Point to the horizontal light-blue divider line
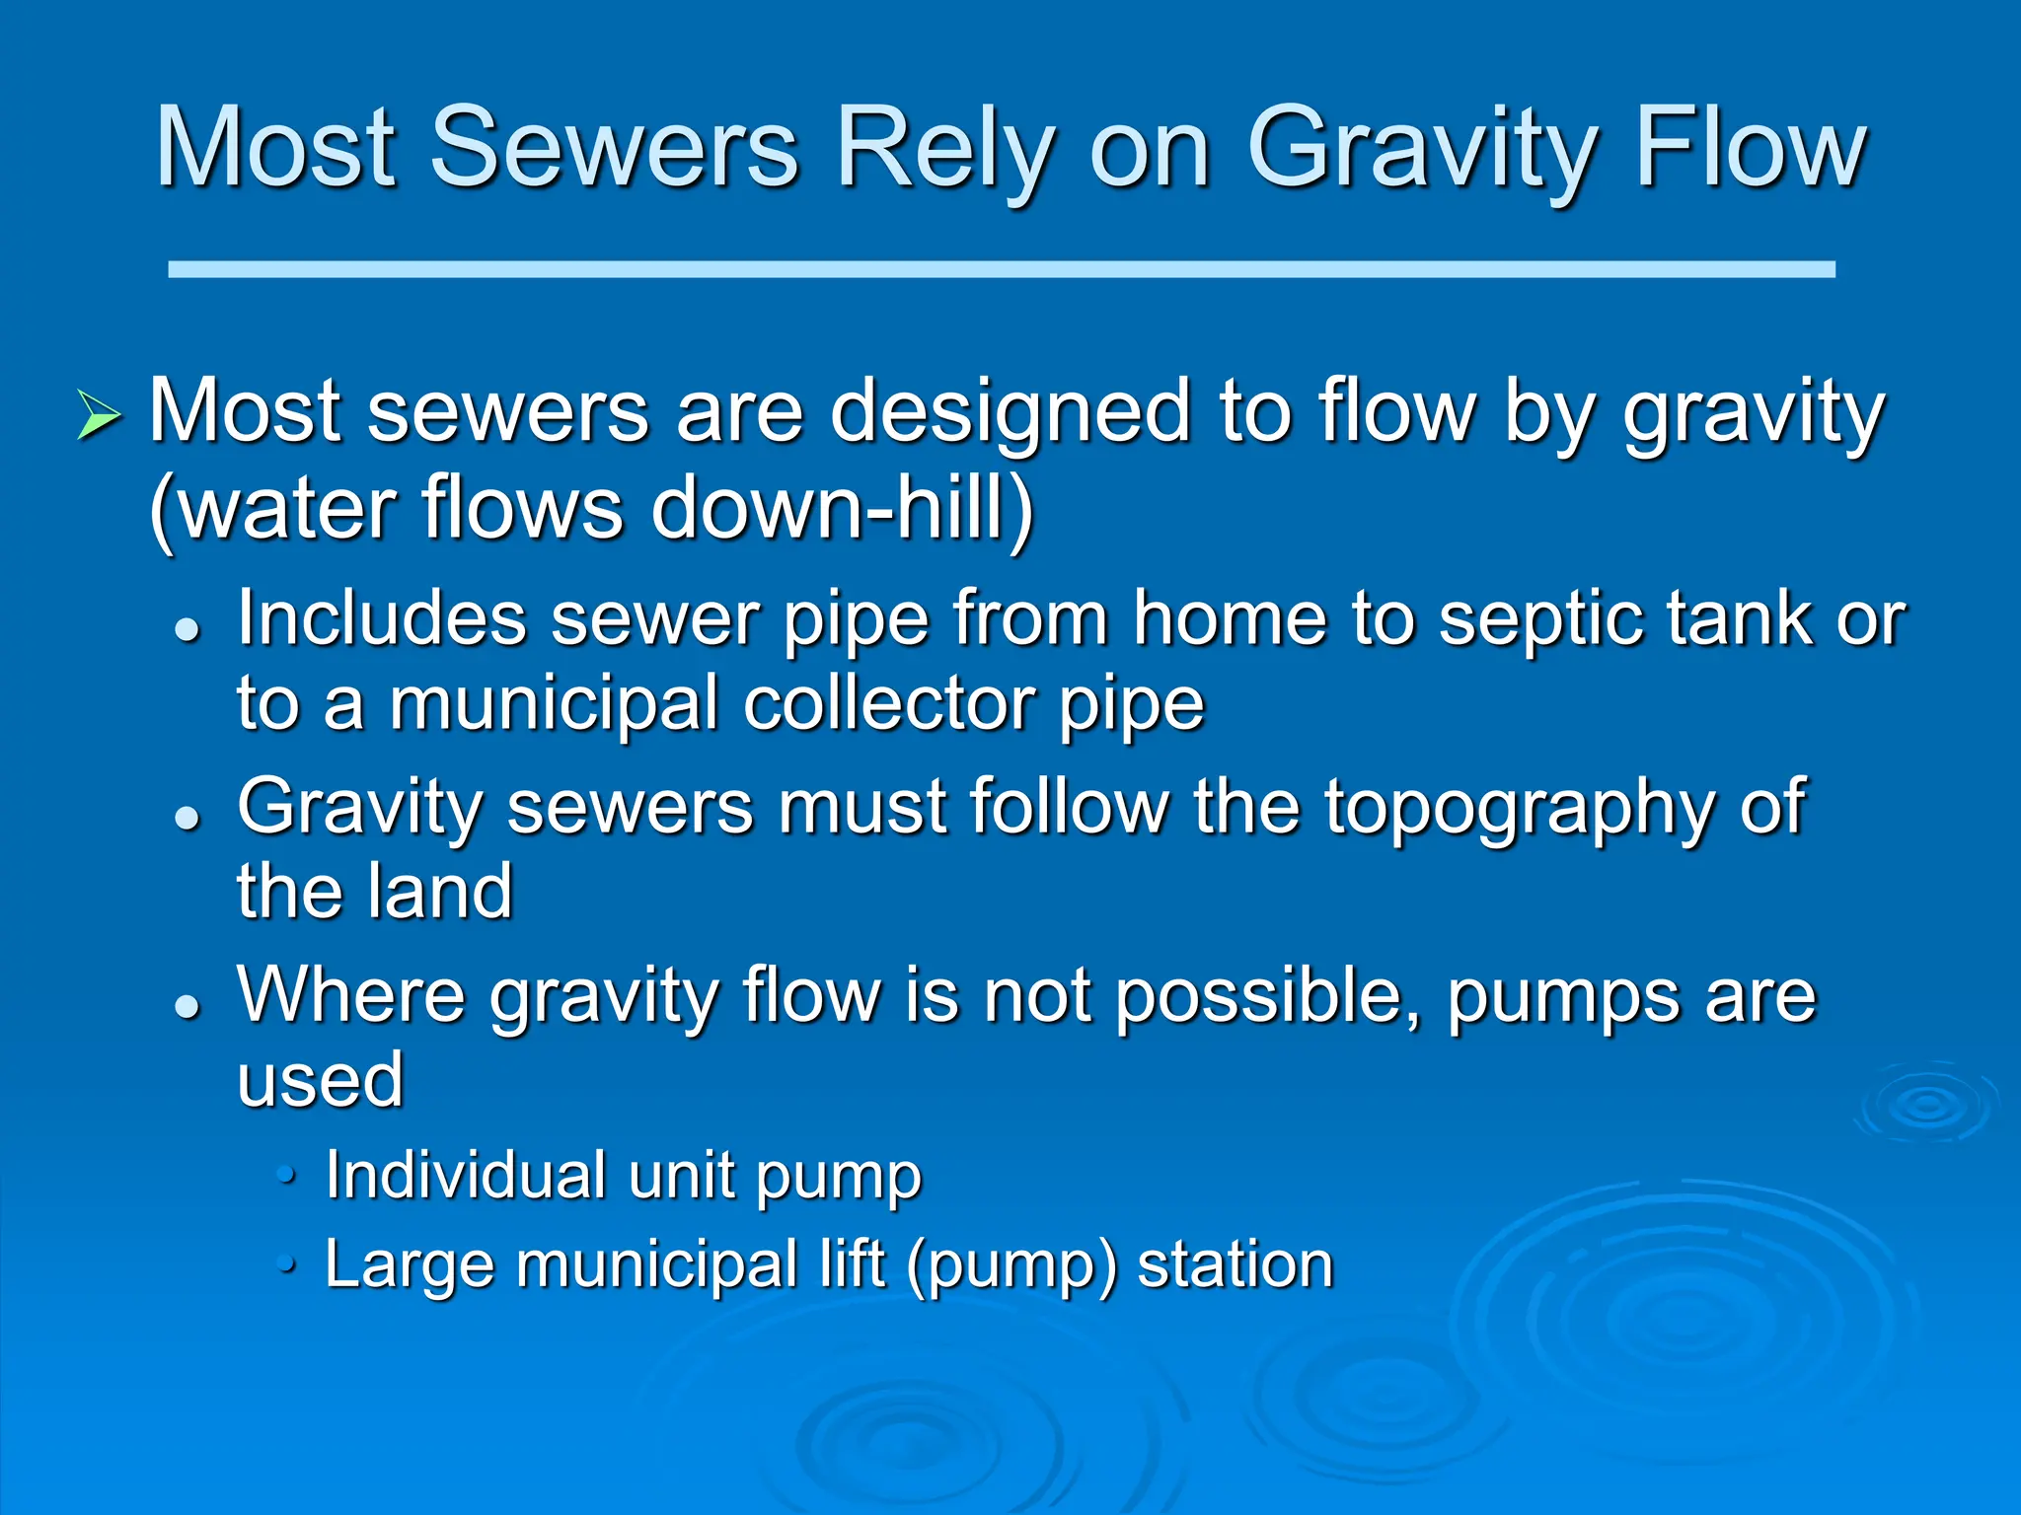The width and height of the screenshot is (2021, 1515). click(1001, 269)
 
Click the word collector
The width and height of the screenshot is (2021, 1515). click(891, 704)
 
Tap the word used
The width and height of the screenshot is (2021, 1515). click(321, 1080)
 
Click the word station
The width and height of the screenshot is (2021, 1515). click(1235, 1264)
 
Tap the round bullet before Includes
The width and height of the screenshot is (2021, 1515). click(187, 629)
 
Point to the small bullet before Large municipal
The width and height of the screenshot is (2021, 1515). click(286, 1263)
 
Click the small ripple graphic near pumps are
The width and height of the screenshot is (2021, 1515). click(1926, 1105)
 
